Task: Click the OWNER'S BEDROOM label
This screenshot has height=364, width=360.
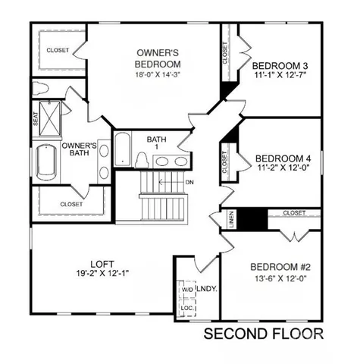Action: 158,58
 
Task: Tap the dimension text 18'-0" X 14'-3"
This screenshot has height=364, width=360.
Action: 158,74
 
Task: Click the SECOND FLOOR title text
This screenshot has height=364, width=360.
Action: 263,334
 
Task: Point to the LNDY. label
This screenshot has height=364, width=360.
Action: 207,289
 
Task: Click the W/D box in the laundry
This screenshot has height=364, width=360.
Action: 186,290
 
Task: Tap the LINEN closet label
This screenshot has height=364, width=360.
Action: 231,219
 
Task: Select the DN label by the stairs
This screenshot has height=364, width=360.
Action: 189,183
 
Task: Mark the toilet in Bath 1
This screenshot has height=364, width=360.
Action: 142,158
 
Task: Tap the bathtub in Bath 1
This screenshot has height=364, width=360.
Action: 122,149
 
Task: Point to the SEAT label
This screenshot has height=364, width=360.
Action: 36,120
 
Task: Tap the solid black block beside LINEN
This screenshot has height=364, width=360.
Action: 254,219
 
